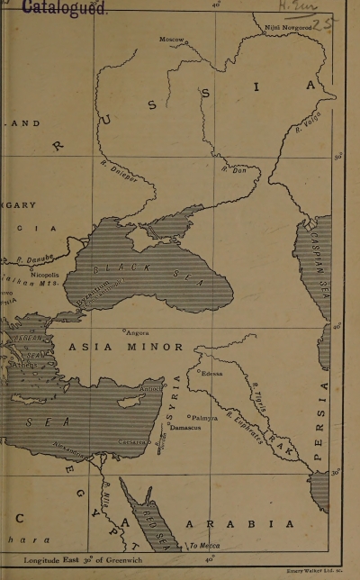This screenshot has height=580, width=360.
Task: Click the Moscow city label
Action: (172, 40)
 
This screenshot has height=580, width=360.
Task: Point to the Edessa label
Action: (211, 374)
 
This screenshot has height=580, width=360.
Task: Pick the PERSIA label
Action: (324, 424)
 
